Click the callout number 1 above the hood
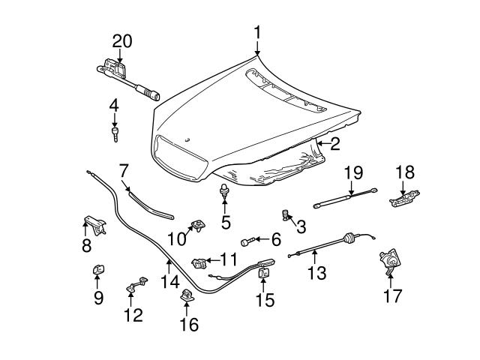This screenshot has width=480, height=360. [x=257, y=33]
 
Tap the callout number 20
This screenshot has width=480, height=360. [x=122, y=41]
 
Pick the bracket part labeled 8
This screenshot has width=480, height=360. [x=91, y=223]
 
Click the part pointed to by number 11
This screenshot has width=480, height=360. [x=199, y=262]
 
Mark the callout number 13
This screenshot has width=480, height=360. [x=317, y=272]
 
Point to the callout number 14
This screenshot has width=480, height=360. [x=169, y=283]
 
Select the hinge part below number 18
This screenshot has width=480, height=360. [x=403, y=199]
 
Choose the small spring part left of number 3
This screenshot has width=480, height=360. [x=284, y=214]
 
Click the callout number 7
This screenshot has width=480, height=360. [x=124, y=169]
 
